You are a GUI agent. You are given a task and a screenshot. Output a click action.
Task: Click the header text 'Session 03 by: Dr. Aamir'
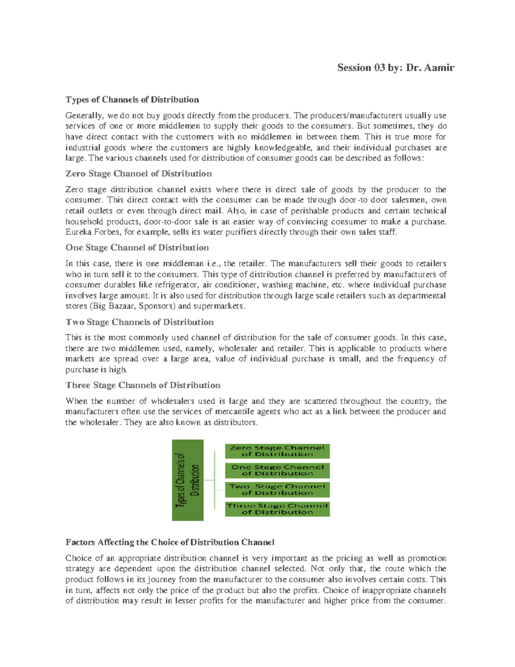pyautogui.click(x=395, y=68)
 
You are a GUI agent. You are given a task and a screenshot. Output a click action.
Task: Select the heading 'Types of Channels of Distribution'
pyautogui.click(x=132, y=100)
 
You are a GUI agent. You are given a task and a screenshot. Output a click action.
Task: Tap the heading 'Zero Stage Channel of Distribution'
pyautogui.click(x=138, y=174)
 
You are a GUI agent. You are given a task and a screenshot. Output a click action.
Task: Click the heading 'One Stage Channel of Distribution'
pyautogui.click(x=137, y=247)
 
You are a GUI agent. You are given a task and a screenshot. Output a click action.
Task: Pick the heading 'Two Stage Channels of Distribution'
pyautogui.click(x=139, y=322)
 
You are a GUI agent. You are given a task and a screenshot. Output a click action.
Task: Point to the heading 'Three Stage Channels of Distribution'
pyautogui.click(x=142, y=385)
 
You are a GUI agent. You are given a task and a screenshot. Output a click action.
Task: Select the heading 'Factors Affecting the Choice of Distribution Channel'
pyautogui.click(x=170, y=542)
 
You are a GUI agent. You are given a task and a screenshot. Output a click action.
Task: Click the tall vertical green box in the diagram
pyautogui.click(x=188, y=480)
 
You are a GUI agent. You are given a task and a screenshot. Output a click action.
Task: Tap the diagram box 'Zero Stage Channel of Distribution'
pyautogui.click(x=277, y=451)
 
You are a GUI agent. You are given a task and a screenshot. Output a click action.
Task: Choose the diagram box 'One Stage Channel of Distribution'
pyautogui.click(x=277, y=470)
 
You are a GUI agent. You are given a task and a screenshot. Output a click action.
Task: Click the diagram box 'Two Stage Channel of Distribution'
pyautogui.click(x=277, y=490)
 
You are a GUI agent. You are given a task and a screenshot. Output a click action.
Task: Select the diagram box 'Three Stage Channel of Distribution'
pyautogui.click(x=277, y=509)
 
